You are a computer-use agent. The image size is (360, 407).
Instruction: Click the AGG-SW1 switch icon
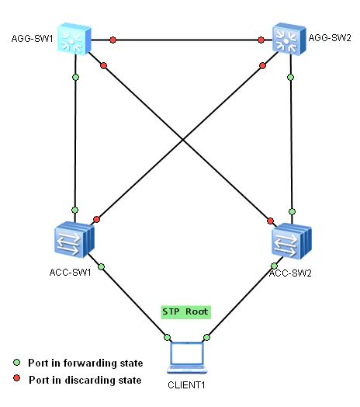pyautogui.click(x=75, y=38)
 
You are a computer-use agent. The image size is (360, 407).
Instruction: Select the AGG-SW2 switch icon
pyautogui.click(x=289, y=38)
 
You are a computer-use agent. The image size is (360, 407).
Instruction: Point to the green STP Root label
pyautogui.click(x=185, y=311)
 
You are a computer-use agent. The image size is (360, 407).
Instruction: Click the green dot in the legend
pyautogui.click(x=16, y=363)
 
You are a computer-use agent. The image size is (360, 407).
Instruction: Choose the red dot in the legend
pyautogui.click(x=16, y=380)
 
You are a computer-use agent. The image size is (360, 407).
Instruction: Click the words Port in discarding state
pyautogui.click(x=85, y=380)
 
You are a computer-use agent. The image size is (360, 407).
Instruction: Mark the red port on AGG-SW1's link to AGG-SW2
pyautogui.click(x=112, y=39)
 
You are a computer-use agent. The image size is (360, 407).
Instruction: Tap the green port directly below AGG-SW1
pyautogui.click(x=75, y=77)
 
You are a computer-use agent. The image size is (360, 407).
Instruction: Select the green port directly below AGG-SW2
pyautogui.click(x=290, y=77)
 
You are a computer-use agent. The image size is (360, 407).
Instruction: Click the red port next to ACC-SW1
pyautogui.click(x=97, y=220)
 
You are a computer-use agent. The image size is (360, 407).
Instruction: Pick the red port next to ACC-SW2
pyautogui.click(x=271, y=220)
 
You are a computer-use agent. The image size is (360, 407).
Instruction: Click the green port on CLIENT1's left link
pyautogui.click(x=166, y=337)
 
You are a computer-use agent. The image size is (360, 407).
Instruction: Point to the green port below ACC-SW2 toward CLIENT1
pyautogui.click(x=274, y=266)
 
